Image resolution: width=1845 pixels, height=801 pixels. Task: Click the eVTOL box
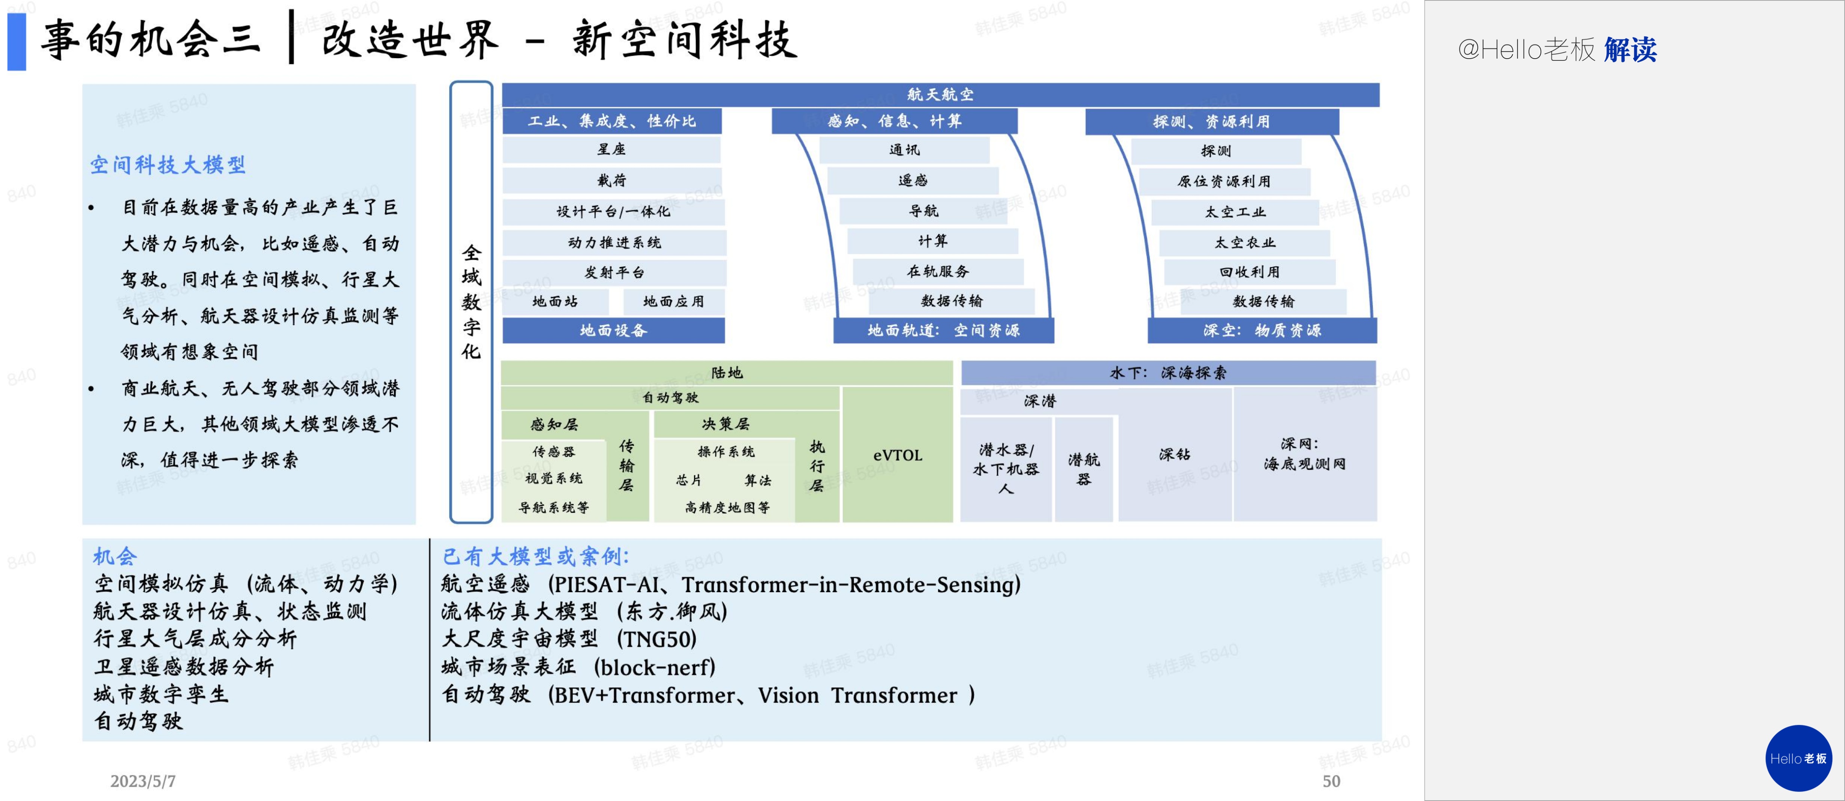coord(898,455)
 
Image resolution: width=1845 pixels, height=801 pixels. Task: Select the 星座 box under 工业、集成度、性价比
coord(612,149)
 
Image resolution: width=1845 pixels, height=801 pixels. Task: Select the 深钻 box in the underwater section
coord(1175,454)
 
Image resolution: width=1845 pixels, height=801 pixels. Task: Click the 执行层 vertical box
coord(817,466)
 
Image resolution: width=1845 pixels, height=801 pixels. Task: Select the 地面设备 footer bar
coord(613,330)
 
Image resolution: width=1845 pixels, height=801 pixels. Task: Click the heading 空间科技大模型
coord(167,166)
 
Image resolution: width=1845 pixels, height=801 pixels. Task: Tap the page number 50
coord(1331,781)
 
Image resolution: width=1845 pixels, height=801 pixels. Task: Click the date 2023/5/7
coord(143,781)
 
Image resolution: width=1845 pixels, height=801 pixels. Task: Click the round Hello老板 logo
coord(1798,758)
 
